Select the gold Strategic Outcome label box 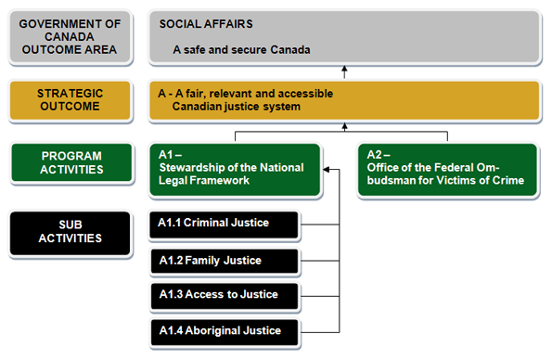click(x=70, y=100)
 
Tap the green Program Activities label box click(x=71, y=163)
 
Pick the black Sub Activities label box click(x=71, y=232)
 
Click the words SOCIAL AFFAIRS click(x=206, y=23)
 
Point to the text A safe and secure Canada click(x=241, y=49)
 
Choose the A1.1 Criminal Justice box click(x=223, y=224)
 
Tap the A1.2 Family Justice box click(x=223, y=260)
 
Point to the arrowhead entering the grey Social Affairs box click(x=343, y=69)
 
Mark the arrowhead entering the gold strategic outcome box click(x=343, y=127)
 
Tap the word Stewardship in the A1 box click(x=195, y=168)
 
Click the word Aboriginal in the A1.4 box click(x=214, y=330)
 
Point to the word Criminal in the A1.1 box click(x=205, y=224)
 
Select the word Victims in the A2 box click(x=452, y=180)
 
